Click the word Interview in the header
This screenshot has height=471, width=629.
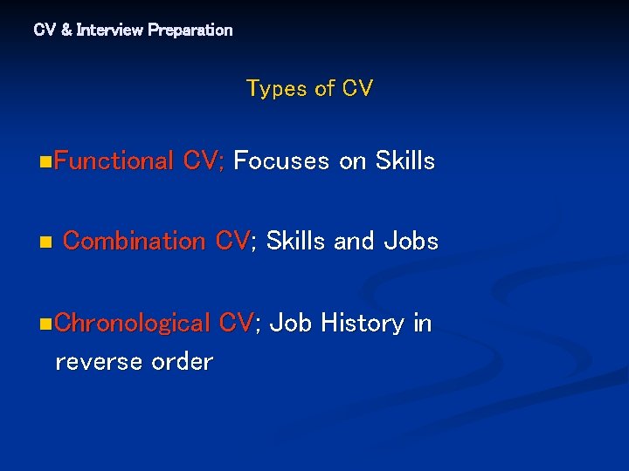pos(110,30)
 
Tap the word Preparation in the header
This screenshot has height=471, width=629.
pos(190,30)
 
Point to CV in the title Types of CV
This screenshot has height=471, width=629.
pos(357,89)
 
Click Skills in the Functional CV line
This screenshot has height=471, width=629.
pos(404,160)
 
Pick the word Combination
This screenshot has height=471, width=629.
pos(135,241)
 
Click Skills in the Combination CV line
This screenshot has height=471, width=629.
pos(295,241)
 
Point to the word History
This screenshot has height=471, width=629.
pos(362,324)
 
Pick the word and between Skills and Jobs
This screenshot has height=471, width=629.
pos(354,241)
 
